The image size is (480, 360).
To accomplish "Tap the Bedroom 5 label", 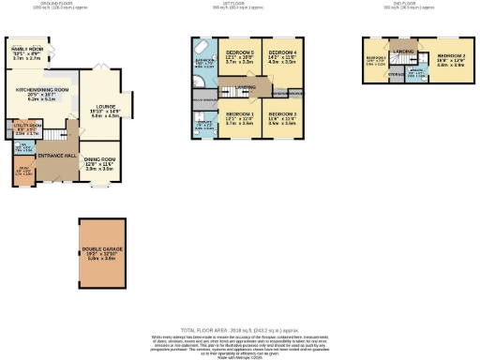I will (235, 52).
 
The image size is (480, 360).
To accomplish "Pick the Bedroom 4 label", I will (281, 53).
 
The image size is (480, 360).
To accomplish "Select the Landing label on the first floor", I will (247, 87).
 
